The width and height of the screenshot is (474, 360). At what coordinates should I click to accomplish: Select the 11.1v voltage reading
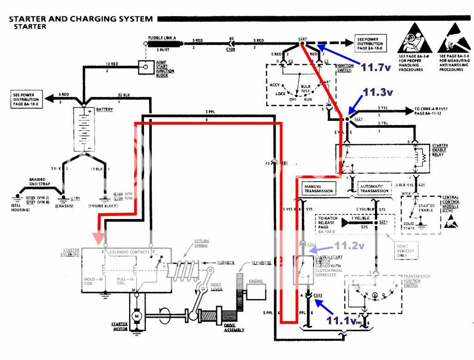[x=341, y=320]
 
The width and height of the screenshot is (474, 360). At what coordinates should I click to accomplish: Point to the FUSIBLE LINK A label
[x=162, y=38]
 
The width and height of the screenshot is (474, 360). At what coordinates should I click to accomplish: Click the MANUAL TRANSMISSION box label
[x=319, y=189]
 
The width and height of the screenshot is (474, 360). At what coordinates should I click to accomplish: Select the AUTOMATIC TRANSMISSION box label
[x=374, y=189]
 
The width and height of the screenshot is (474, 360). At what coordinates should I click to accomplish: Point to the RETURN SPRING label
[x=200, y=243]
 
